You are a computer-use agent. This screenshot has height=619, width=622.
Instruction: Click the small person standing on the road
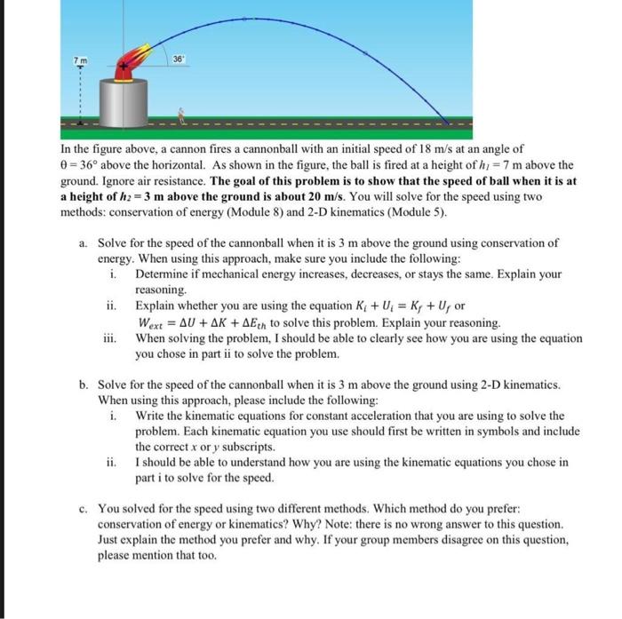[x=182, y=114]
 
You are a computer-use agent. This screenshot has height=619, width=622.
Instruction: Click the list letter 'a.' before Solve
[x=83, y=242]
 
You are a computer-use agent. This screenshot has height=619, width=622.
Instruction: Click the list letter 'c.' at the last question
[x=83, y=510]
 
